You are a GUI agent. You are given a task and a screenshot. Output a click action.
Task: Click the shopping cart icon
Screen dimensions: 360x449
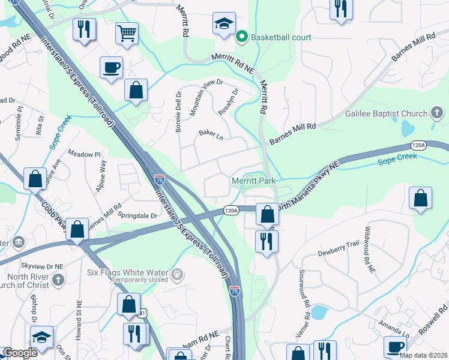pyautogui.click(x=127, y=34)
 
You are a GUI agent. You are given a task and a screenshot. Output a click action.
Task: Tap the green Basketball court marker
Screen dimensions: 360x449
pyautogui.click(x=242, y=37)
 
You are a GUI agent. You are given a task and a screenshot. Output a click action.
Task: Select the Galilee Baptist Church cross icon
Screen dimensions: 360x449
pyautogui.click(x=437, y=113)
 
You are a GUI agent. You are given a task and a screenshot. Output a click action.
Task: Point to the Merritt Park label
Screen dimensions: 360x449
pyautogui.click(x=253, y=181)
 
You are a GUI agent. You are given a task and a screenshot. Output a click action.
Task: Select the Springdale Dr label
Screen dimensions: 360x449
pyautogui.click(x=137, y=215)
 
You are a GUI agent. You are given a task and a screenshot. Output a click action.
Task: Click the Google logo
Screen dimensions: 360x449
pyautogui.click(x=20, y=353)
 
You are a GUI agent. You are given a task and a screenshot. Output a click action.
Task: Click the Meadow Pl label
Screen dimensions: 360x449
pyautogui.click(x=85, y=154)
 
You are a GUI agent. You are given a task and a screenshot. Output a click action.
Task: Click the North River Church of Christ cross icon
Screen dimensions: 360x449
pyautogui.click(x=58, y=280)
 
